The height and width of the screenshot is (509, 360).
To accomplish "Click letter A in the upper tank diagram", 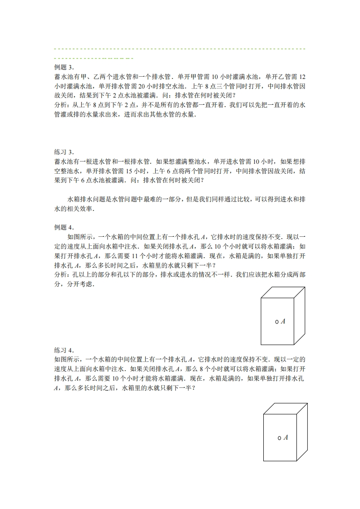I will point(283,321).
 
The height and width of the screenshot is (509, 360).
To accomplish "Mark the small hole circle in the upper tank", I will point(277,322).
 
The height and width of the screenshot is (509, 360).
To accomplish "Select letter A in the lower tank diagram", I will point(286,437).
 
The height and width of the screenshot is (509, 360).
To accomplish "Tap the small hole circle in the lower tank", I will point(279,438).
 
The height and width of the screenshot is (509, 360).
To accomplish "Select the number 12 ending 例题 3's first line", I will point(302,77).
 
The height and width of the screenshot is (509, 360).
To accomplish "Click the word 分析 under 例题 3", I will point(60,105).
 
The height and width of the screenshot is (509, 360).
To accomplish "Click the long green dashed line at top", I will point(179,48).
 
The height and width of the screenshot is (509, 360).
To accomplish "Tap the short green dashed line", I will point(93,58).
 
